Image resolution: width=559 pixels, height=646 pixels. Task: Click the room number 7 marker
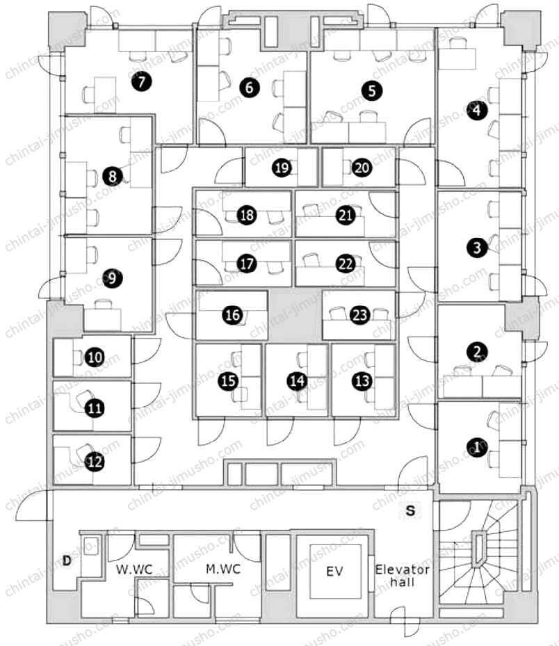pyautogui.click(x=142, y=81)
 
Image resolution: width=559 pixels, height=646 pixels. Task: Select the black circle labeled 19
pyautogui.click(x=282, y=168)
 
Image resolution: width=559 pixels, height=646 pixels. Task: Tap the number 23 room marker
pyautogui.click(x=360, y=315)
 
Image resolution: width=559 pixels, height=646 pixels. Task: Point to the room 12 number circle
pyautogui.click(x=95, y=462)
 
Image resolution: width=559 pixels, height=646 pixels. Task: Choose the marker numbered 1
pyautogui.click(x=478, y=446)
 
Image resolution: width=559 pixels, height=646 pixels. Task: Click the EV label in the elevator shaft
pyautogui.click(x=334, y=571)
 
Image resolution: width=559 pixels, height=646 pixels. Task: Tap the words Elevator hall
pyautogui.click(x=402, y=576)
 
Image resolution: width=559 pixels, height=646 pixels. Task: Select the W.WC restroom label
pyautogui.click(x=134, y=570)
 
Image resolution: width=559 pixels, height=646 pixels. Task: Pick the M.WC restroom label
pyautogui.click(x=223, y=569)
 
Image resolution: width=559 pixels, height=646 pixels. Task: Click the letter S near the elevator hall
pyautogui.click(x=410, y=510)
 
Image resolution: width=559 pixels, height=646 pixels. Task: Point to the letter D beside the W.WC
pyautogui.click(x=67, y=560)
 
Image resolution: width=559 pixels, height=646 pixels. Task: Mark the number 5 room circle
pyautogui.click(x=372, y=90)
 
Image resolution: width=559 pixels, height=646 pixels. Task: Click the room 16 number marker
pyautogui.click(x=233, y=315)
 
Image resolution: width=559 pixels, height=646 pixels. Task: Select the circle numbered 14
pyautogui.click(x=297, y=380)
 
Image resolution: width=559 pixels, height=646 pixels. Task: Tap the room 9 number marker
pyautogui.click(x=112, y=278)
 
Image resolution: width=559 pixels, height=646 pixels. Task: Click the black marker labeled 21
pyautogui.click(x=346, y=215)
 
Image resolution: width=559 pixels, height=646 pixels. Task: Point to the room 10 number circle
pyautogui.click(x=95, y=357)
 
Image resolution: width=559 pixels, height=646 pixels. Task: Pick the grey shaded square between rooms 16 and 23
pyautogui.click(x=295, y=315)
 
